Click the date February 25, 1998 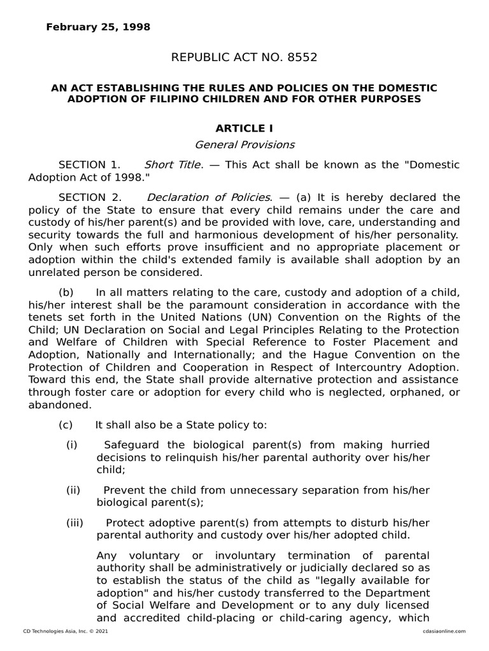[98, 27]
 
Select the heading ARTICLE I [244, 129]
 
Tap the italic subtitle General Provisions [244, 144]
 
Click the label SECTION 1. [89, 165]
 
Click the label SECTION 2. [89, 197]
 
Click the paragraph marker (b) [66, 292]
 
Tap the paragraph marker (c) [66, 425]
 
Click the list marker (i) [71, 444]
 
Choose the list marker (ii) [73, 490]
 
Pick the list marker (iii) [74, 523]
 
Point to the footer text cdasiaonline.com [443, 631]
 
